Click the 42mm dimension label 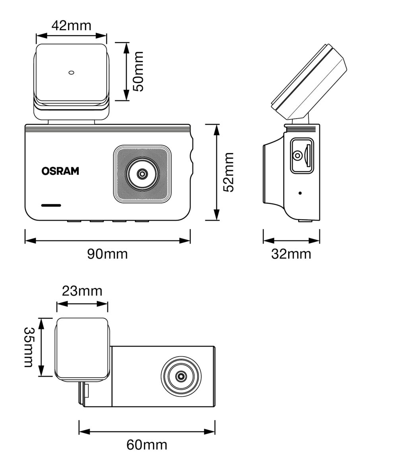tap(72, 25)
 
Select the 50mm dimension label tap(138, 72)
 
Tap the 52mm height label tap(229, 172)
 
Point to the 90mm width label tap(107, 254)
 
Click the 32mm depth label tap(291, 254)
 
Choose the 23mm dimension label tap(82, 291)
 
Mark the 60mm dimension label tap(147, 445)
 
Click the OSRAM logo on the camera tap(60, 171)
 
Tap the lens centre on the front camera tap(142, 174)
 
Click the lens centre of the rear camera tap(181, 376)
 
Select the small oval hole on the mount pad tap(72, 72)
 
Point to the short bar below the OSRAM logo tap(51, 205)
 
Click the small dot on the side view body tap(300, 193)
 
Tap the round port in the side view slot tap(297, 155)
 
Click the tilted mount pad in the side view tap(310, 81)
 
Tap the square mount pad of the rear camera tap(82, 348)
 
